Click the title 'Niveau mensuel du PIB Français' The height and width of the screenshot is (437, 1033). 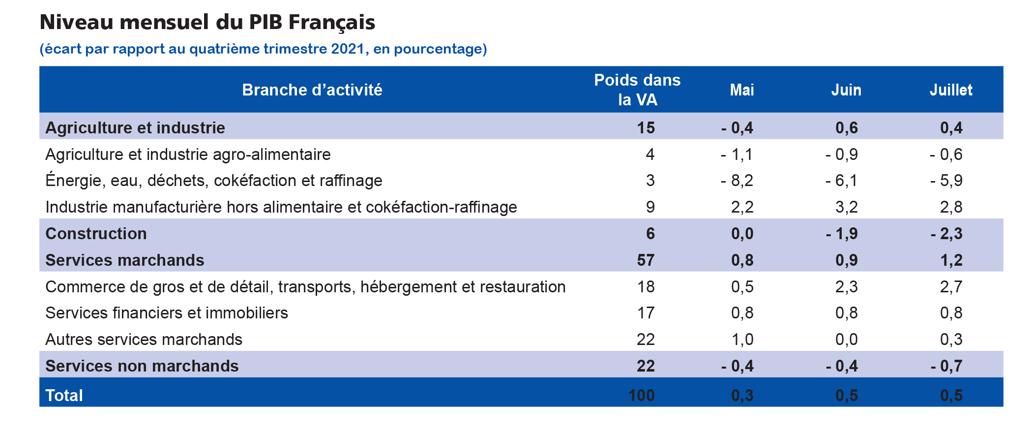[207, 23]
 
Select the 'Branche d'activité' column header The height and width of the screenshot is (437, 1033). [312, 90]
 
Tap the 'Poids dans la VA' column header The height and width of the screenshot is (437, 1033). [637, 90]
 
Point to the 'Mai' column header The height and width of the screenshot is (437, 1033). [741, 90]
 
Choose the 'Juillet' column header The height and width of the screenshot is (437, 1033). [950, 90]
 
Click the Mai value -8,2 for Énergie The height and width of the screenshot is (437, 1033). [737, 181]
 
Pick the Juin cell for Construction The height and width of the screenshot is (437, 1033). [842, 234]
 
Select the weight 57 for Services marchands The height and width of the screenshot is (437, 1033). [646, 260]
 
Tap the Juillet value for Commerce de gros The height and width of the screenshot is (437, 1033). [951, 287]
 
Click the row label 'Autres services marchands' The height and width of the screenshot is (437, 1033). [144, 340]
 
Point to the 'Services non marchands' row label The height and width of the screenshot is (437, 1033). [142, 366]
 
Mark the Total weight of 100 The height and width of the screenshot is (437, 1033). [641, 396]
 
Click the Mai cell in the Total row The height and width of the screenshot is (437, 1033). [742, 396]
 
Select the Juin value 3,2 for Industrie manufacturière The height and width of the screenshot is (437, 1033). [846, 207]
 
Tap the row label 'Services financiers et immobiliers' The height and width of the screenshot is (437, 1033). [166, 313]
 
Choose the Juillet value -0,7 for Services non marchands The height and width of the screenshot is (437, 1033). [946, 366]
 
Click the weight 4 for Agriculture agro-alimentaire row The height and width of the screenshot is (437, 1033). [650, 155]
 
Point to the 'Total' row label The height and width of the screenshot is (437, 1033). [64, 396]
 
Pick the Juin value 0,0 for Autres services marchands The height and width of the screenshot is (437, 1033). [846, 340]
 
